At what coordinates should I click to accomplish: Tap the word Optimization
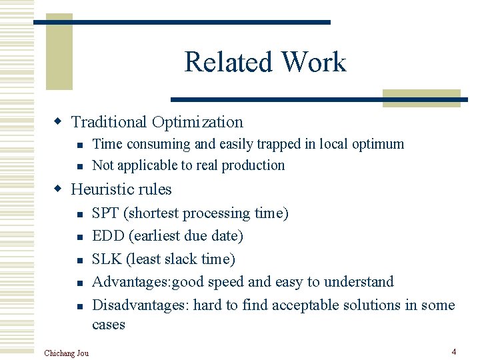197,122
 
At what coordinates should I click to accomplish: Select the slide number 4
453,351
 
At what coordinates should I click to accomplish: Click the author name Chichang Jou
66,352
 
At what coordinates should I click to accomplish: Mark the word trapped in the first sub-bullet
274,144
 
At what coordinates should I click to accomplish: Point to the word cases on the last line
109,325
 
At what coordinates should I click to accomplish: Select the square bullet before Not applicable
79,167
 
